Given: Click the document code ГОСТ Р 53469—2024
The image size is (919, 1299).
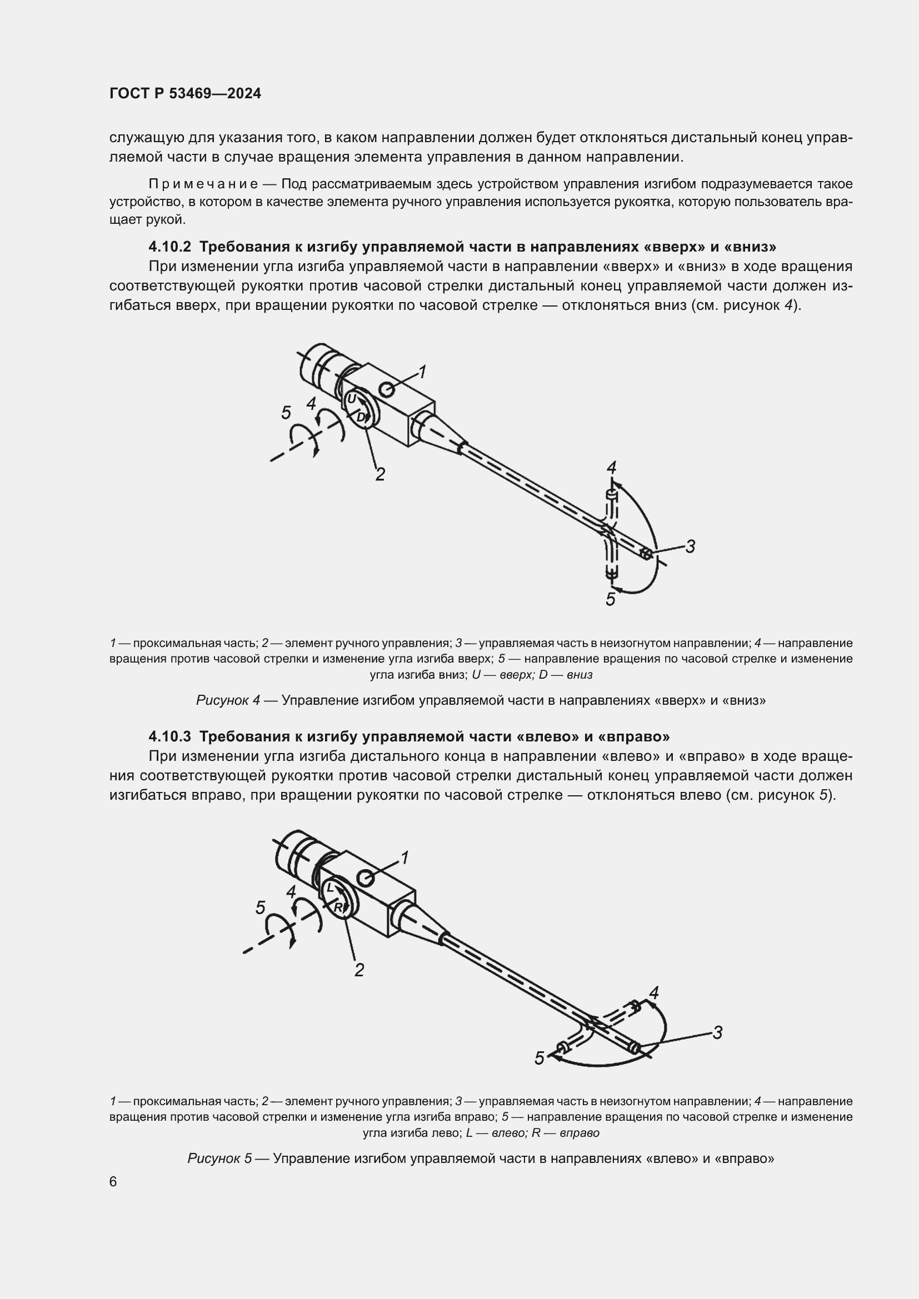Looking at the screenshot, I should coord(185,94).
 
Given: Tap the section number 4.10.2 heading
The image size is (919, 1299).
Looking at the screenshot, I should coord(170,247).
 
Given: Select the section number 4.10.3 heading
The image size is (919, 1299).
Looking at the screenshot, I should coord(170,736).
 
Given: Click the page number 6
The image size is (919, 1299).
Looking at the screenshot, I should coord(113,1182).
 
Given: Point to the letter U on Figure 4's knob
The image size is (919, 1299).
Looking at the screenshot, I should coord(351,399).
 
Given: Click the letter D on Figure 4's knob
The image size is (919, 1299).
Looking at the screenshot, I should coord(361,418).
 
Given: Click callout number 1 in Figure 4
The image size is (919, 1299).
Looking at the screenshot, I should coord(422,372).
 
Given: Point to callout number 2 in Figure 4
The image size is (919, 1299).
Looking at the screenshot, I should coord(380,474).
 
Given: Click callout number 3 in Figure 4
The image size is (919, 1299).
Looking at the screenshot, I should coord(691,546).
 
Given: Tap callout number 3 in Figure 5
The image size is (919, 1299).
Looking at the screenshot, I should coord(717,1032).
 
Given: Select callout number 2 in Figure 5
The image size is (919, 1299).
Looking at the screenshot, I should coord(359,970).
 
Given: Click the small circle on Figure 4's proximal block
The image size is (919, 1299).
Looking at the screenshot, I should coord(388,389).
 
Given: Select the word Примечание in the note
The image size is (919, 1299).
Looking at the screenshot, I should coord(204,184).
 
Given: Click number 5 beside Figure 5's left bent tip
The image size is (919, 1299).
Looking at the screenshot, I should coord(540,1058).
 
